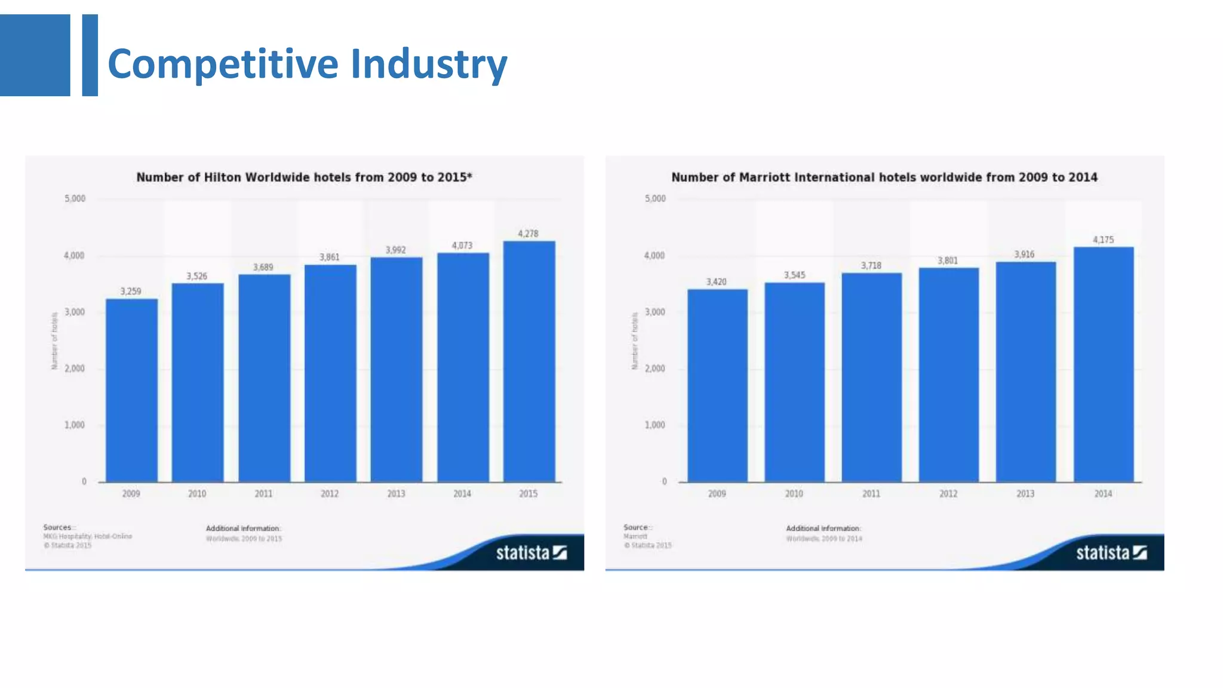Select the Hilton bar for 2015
[529, 361]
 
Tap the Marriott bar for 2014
[1103, 364]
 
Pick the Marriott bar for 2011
[871, 377]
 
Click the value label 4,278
[528, 234]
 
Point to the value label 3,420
[717, 282]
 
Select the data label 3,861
[330, 257]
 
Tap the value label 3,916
[1024, 254]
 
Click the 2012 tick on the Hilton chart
[330, 494]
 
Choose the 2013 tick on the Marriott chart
[1025, 494]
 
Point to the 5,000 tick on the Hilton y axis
[75, 199]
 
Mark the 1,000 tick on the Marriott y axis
[654, 425]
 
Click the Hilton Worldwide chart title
[304, 177]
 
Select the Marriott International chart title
[884, 177]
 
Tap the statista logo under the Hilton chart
[531, 553]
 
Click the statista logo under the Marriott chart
[1111, 553]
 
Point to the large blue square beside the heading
[35, 55]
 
